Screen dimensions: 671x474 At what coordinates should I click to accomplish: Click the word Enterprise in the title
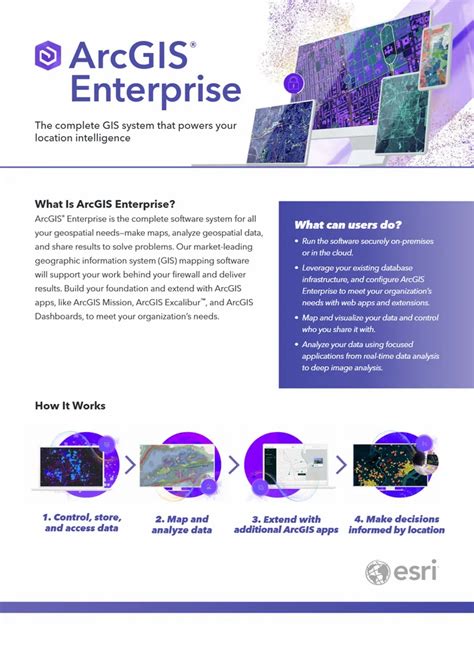point(154,91)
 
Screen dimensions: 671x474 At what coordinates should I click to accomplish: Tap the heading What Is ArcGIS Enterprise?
point(105,203)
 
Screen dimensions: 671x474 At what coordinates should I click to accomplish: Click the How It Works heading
point(70,406)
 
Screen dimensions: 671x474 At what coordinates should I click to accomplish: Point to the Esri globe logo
point(377,572)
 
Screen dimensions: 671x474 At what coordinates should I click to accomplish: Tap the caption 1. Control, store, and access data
point(81,523)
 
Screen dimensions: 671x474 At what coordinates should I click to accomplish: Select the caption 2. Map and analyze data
point(181,523)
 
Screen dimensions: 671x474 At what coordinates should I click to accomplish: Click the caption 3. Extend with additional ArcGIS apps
point(285,523)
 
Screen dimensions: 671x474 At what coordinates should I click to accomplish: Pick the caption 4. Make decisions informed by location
point(391,523)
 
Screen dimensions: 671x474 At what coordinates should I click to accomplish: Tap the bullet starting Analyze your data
point(371,356)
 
